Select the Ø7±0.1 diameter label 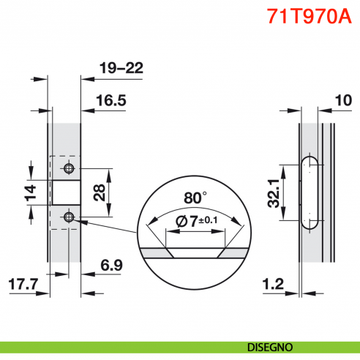(195, 221)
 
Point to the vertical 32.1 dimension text (273, 193)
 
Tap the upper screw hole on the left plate (69, 169)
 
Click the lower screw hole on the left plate (69, 217)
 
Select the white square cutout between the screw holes (64, 192)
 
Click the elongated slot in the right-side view (309, 192)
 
